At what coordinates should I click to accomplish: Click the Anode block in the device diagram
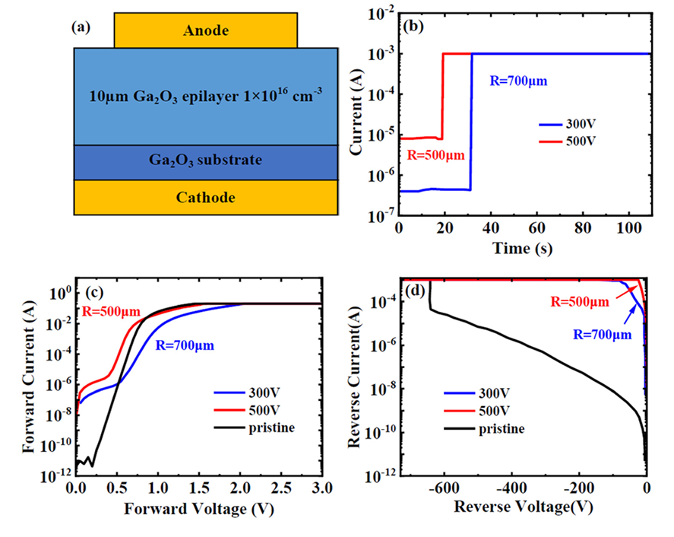[206, 31]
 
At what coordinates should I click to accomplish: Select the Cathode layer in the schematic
[206, 197]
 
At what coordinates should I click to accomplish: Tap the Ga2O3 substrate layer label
[206, 160]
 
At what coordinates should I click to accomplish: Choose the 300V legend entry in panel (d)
[487, 393]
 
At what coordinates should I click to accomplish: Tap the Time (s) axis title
[525, 247]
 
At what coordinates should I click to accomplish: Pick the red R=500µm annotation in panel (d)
[580, 302]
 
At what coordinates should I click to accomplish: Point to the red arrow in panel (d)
[627, 290]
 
